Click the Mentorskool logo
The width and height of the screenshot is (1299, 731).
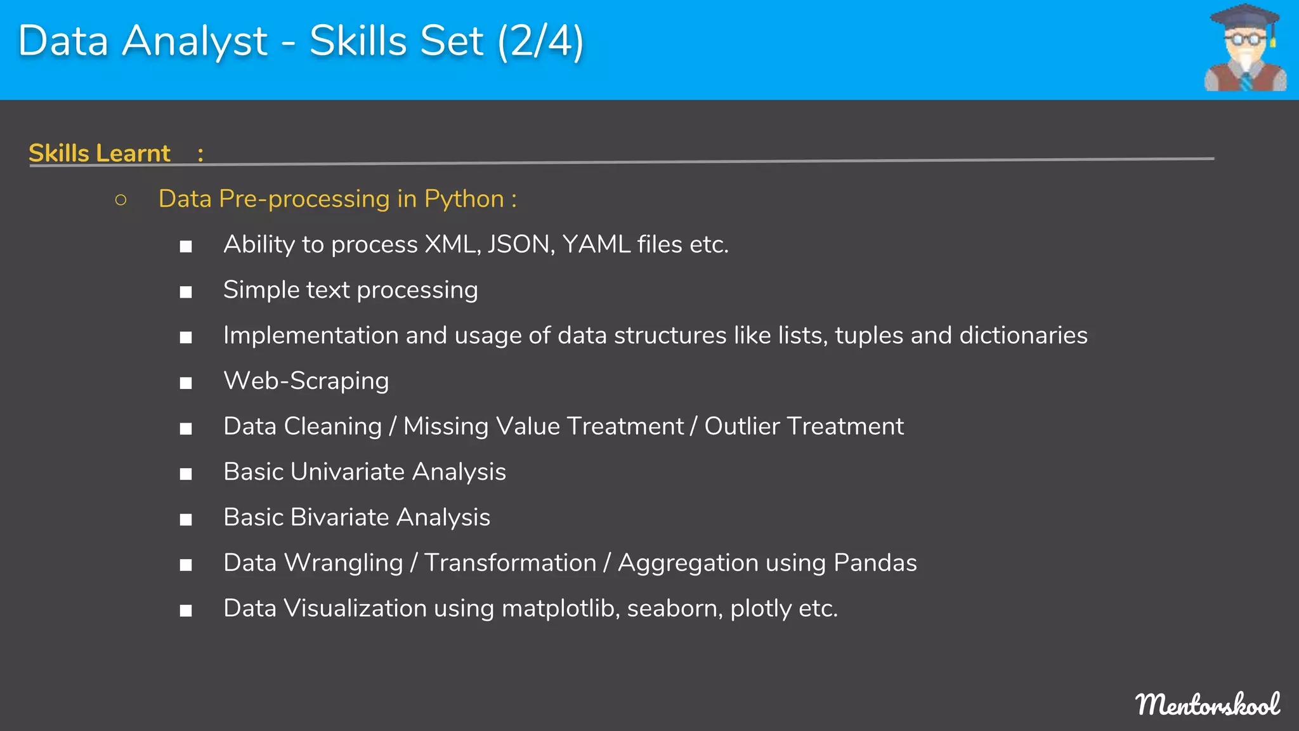tap(1208, 704)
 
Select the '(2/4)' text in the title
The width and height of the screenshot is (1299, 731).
tap(540, 42)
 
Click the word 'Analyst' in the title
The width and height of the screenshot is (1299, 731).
tap(195, 42)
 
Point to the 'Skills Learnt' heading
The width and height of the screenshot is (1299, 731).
tap(100, 153)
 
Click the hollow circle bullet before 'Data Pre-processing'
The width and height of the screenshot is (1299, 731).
tap(121, 200)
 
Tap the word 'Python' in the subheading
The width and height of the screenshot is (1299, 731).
tap(464, 199)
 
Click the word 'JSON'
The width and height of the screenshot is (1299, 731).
tap(521, 244)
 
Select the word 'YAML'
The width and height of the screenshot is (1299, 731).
tap(596, 244)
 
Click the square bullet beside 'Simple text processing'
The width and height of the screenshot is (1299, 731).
tap(185, 292)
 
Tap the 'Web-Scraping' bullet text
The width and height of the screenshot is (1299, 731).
tap(306, 381)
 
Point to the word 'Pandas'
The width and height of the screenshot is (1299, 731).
tap(875, 563)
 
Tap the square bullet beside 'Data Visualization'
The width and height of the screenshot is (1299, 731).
tap(185, 610)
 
